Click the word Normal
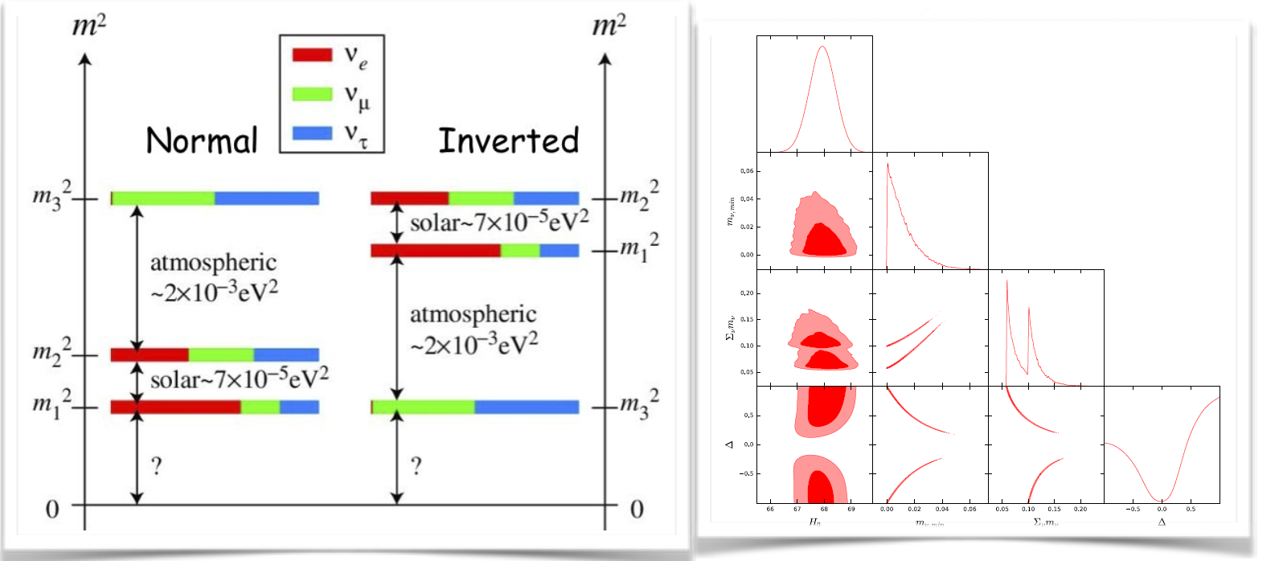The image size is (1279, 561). coord(202,141)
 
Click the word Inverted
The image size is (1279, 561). coord(508,141)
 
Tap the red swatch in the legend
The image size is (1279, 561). coord(312,55)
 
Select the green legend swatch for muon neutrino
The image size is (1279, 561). coord(312,94)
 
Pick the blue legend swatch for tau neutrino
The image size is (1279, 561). coord(312,133)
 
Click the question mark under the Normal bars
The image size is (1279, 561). coord(157,465)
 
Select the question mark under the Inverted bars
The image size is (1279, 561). coord(416,465)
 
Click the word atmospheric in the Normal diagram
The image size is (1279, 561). coord(213,263)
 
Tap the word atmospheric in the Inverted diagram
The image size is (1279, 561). coord(473,314)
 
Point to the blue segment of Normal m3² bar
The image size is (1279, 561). coord(266,198)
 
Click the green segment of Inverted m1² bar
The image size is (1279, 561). coord(519,251)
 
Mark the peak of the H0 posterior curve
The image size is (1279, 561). coord(822,47)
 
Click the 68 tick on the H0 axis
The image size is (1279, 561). coord(824,509)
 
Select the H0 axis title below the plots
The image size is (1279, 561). coord(814,522)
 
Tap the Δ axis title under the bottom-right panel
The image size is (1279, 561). coord(1162,522)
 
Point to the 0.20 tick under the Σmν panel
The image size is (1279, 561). coord(1080,509)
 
